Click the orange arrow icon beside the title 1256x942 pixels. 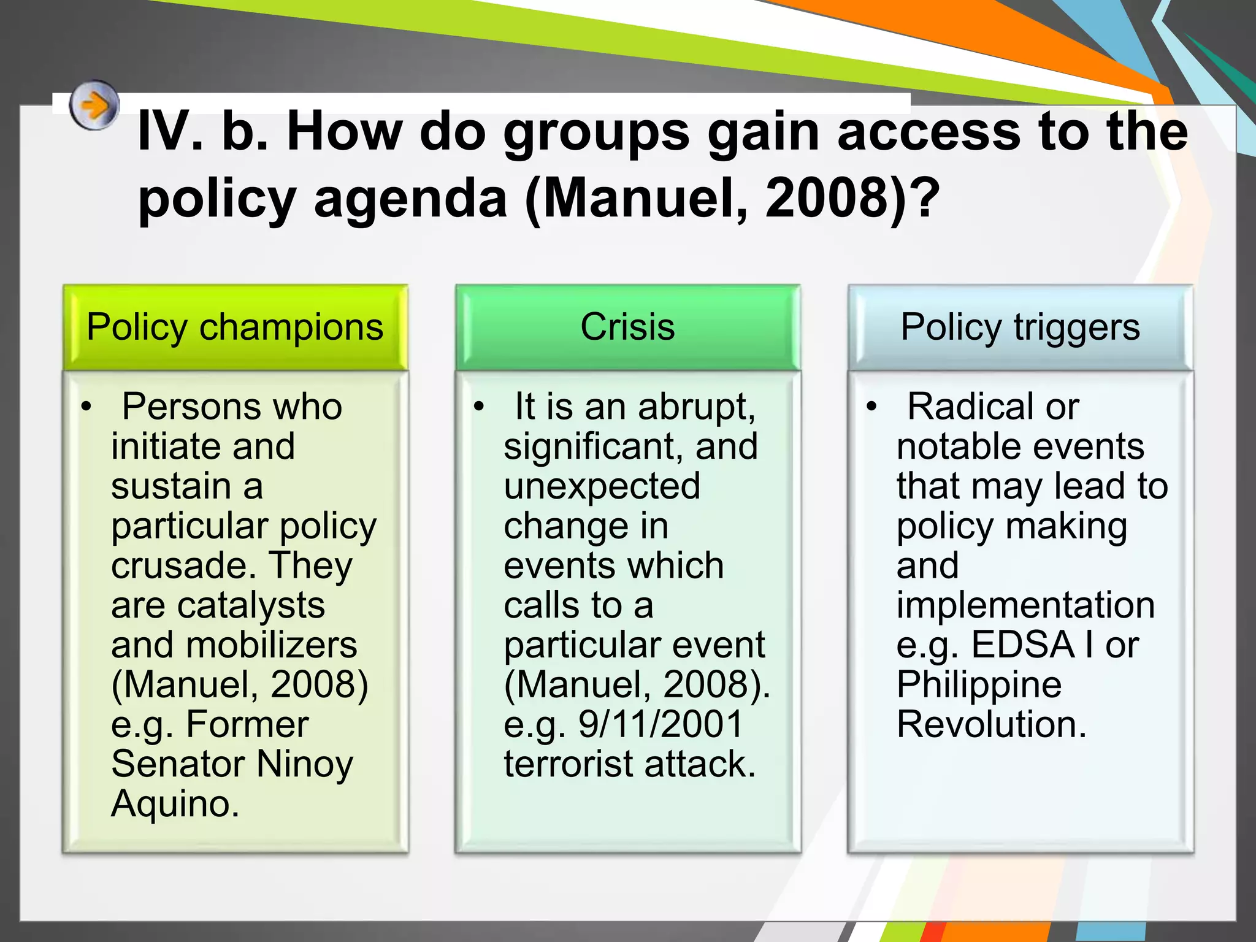(x=93, y=105)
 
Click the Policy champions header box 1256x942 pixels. (x=235, y=327)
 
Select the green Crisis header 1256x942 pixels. (x=627, y=327)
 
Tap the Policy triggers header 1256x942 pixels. (x=1020, y=327)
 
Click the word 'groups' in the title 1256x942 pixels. (x=596, y=133)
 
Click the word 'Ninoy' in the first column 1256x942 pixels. (x=304, y=765)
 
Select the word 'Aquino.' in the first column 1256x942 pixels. (x=175, y=804)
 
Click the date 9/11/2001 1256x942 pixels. (x=661, y=724)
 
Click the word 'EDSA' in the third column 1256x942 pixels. (x=1022, y=645)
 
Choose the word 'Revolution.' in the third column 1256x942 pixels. (x=991, y=724)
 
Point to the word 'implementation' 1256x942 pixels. (x=1025, y=606)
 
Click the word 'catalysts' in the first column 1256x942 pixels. (x=251, y=606)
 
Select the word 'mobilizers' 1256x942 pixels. (x=271, y=645)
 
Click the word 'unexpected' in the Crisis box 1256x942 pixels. (x=602, y=486)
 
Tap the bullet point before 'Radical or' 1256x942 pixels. (x=872, y=407)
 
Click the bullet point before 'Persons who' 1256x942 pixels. (x=86, y=407)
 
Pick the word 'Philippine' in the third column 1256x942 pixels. (x=979, y=685)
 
